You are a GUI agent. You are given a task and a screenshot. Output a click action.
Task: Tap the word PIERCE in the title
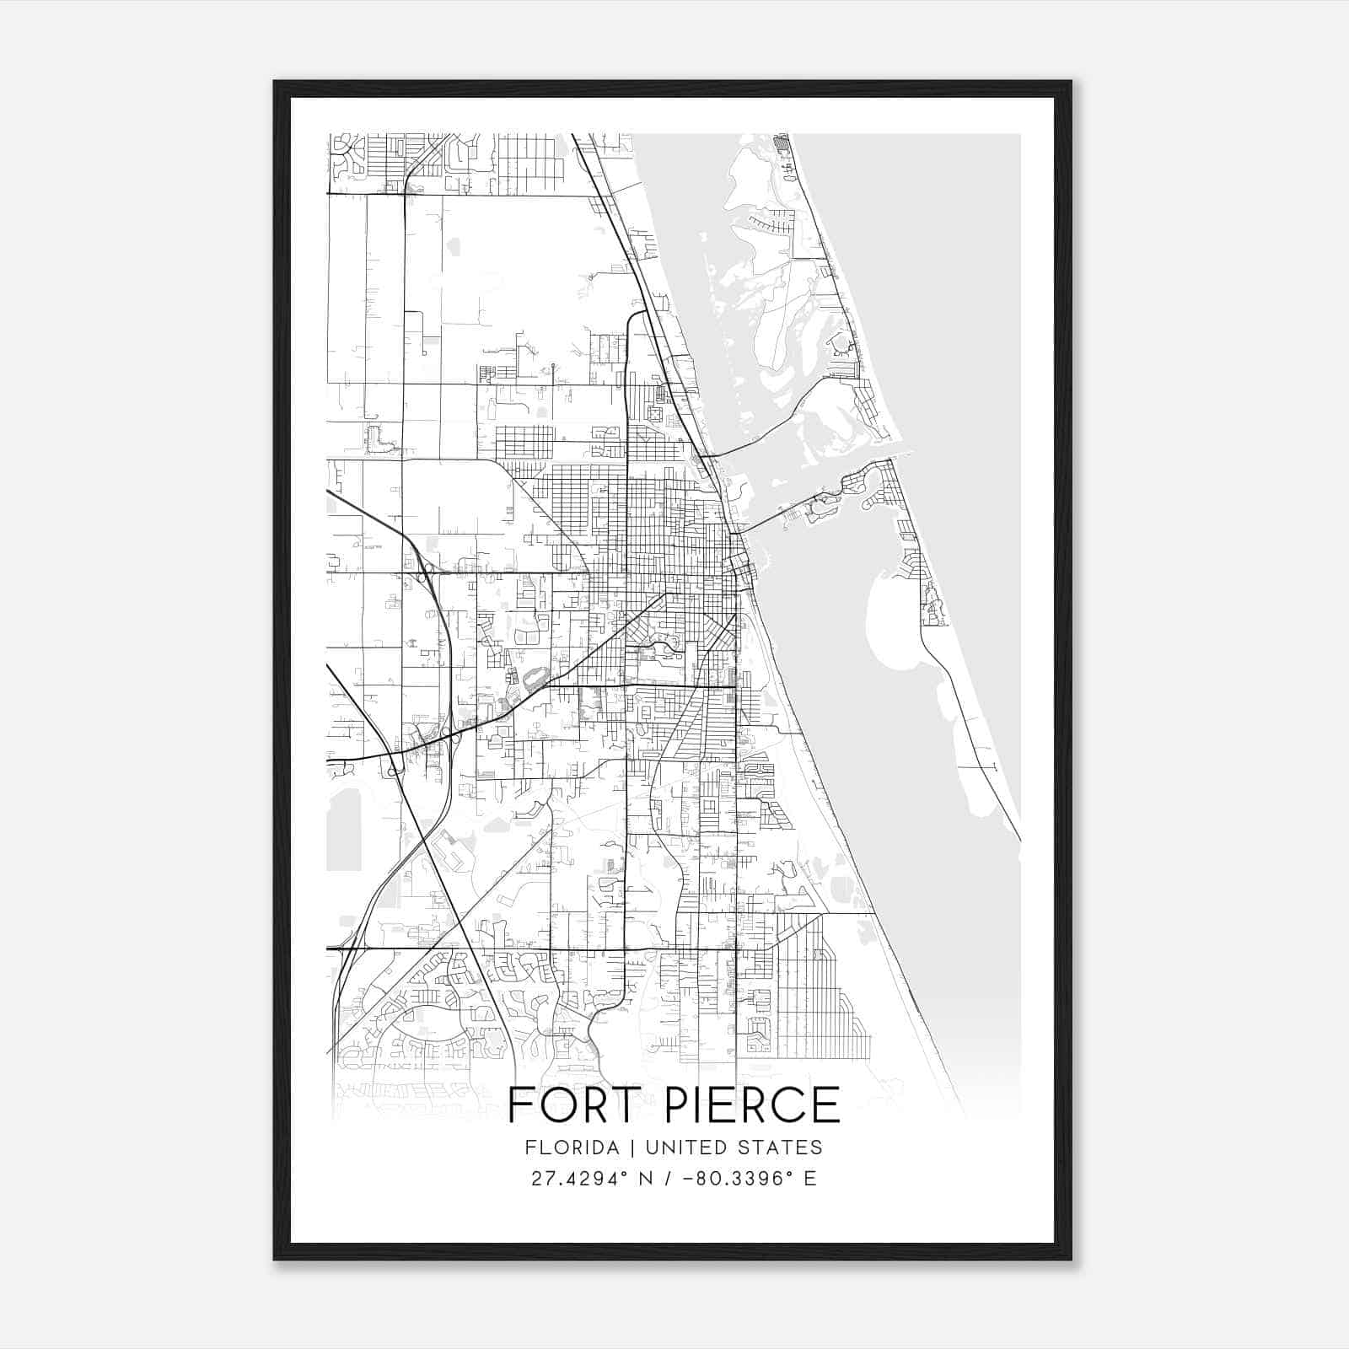pos(753,1104)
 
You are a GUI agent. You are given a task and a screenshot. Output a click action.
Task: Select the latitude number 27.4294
pos(572,1179)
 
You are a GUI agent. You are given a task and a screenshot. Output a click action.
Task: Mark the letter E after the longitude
pos(809,1179)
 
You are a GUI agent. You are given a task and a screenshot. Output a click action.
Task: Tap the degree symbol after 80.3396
pos(790,1174)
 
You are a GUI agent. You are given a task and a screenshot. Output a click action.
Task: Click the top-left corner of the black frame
pos(275,82)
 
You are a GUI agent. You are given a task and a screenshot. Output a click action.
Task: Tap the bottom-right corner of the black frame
pos(1071,1259)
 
